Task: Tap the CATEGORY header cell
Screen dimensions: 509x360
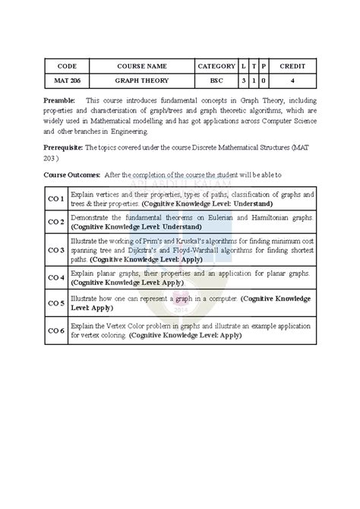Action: [x=216, y=66]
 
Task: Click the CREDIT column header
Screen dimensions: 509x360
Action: [x=292, y=66]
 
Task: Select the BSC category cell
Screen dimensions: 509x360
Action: [x=216, y=80]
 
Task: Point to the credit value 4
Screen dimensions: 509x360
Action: [x=292, y=80]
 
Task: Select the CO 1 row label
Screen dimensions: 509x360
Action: [x=56, y=200]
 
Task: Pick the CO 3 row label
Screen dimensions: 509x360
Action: [x=56, y=249]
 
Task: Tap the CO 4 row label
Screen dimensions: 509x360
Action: [x=56, y=277]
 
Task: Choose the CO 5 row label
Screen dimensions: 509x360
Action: [x=56, y=303]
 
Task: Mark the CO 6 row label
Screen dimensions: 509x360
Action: [x=56, y=330]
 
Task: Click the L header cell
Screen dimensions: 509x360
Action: [x=243, y=66]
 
